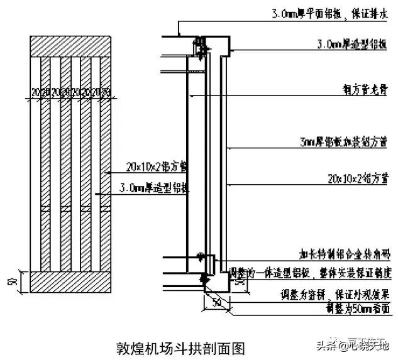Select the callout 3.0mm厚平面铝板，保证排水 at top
point(330,13)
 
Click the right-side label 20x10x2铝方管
point(356,178)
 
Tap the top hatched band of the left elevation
point(71,47)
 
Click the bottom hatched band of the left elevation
point(71,281)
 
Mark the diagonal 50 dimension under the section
point(216,303)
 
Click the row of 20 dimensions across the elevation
point(71,93)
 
